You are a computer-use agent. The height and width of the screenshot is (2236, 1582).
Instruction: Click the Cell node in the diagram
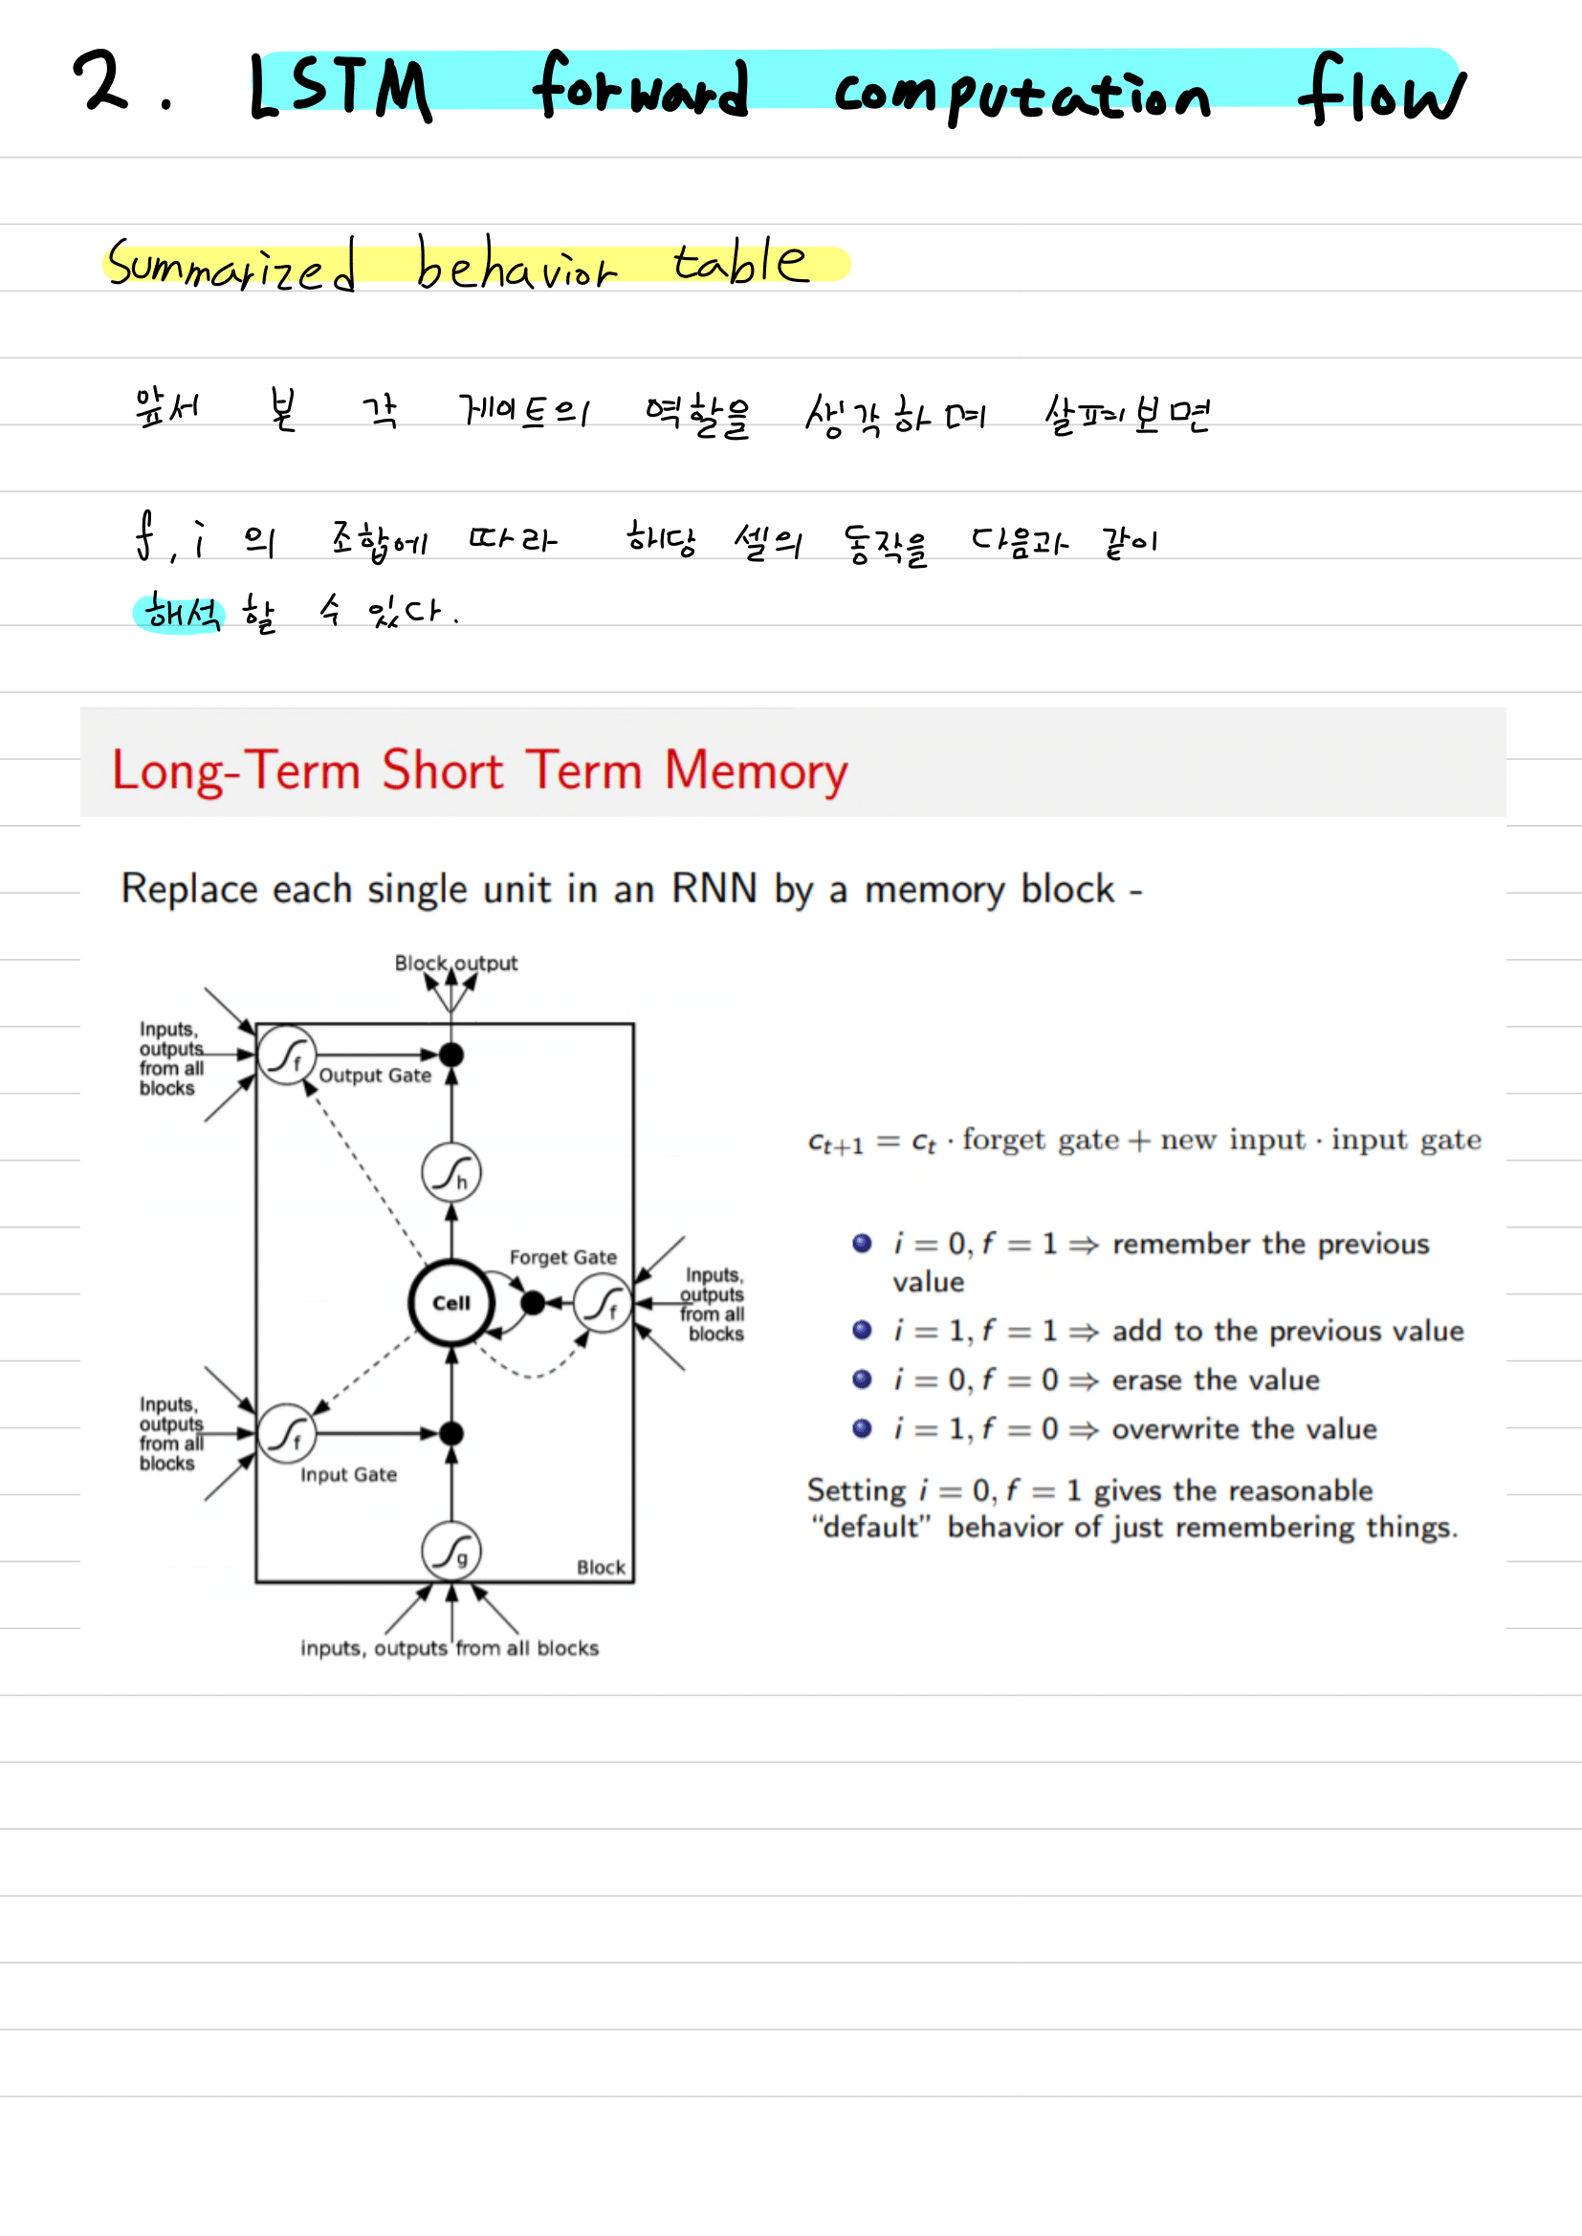click(x=451, y=1303)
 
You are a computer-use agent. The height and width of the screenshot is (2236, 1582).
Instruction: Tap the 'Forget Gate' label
click(x=562, y=1257)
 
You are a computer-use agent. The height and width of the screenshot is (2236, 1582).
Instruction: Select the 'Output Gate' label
click(x=375, y=1075)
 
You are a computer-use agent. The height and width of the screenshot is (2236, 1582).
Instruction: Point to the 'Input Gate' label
click(x=348, y=1474)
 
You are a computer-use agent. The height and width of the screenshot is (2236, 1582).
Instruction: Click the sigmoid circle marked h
click(x=451, y=1173)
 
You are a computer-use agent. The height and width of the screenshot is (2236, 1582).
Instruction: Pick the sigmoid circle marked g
click(x=451, y=1551)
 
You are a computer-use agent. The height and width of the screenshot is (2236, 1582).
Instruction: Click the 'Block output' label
click(x=455, y=964)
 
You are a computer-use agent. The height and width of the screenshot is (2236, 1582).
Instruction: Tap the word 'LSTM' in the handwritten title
click(x=340, y=88)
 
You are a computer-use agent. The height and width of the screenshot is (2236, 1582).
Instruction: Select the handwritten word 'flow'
click(x=1380, y=90)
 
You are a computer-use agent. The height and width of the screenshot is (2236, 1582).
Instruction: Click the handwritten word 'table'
click(x=739, y=262)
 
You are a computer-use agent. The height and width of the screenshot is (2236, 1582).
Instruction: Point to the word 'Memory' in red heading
click(x=756, y=771)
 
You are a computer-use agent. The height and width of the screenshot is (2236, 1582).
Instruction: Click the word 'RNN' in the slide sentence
click(x=714, y=889)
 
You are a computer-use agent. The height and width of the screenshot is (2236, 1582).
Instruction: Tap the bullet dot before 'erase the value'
click(x=862, y=1379)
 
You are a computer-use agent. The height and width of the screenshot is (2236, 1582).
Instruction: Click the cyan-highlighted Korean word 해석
click(x=180, y=614)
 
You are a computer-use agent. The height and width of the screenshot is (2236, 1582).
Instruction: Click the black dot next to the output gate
click(x=451, y=1054)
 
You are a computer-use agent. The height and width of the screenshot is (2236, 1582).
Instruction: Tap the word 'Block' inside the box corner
click(x=601, y=1567)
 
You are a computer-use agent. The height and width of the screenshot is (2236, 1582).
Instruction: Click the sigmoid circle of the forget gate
click(x=603, y=1303)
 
